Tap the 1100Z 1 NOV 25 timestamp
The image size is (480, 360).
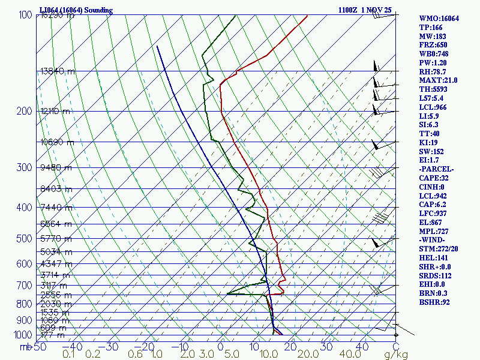[365, 10]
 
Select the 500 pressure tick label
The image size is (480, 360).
[25, 239]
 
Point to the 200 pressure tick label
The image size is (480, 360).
[25, 111]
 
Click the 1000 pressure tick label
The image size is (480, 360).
[23, 335]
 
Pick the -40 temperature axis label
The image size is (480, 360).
[73, 347]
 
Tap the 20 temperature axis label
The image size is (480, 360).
[290, 347]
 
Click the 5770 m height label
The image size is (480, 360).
[56, 239]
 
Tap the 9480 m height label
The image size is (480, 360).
[56, 167]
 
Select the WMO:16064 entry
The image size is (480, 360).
[439, 19]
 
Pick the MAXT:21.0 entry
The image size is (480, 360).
[438, 80]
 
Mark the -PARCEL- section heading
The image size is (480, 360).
[436, 169]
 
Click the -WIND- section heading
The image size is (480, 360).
[433, 240]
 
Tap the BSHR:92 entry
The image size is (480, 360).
[434, 302]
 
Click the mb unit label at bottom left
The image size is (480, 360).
[25, 347]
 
